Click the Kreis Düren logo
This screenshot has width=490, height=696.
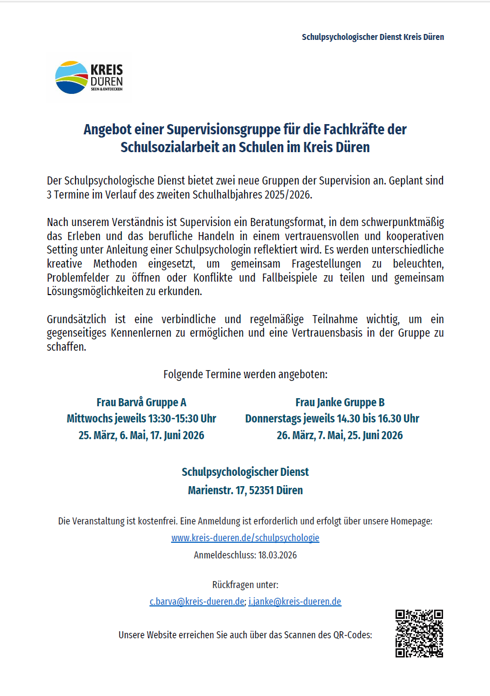coord(90,78)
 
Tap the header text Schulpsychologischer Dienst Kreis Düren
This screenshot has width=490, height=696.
coord(373,37)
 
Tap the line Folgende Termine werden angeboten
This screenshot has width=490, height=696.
coord(245,374)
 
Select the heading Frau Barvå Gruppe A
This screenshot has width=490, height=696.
coord(141,402)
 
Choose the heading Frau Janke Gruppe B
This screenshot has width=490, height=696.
coord(339,402)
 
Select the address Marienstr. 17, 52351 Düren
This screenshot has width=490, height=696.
coord(245,490)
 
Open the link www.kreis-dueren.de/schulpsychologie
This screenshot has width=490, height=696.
coord(245,538)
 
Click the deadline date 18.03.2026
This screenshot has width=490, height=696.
coord(277,555)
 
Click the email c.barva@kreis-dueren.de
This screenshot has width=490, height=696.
coord(197,602)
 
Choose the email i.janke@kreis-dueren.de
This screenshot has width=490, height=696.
coord(295,602)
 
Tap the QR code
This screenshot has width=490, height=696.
coord(419,633)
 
